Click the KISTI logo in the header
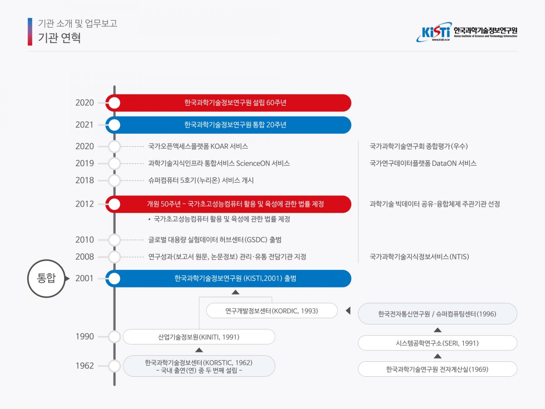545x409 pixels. tap(466, 32)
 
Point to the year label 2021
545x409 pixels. tap(84, 125)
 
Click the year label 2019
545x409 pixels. tap(84, 163)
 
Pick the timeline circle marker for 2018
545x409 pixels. tap(114, 180)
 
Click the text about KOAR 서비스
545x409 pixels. tap(198, 146)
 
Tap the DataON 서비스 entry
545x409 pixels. tap(423, 163)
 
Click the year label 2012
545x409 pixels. tap(84, 204)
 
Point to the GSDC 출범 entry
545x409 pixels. tap(215, 239)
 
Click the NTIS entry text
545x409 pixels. tap(419, 257)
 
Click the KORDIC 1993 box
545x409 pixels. tap(272, 311)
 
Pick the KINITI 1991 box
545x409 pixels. tap(199, 337)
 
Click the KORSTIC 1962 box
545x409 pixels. tap(199, 366)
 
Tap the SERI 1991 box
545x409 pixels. tap(437, 343)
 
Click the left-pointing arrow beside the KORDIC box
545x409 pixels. tap(348, 311)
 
